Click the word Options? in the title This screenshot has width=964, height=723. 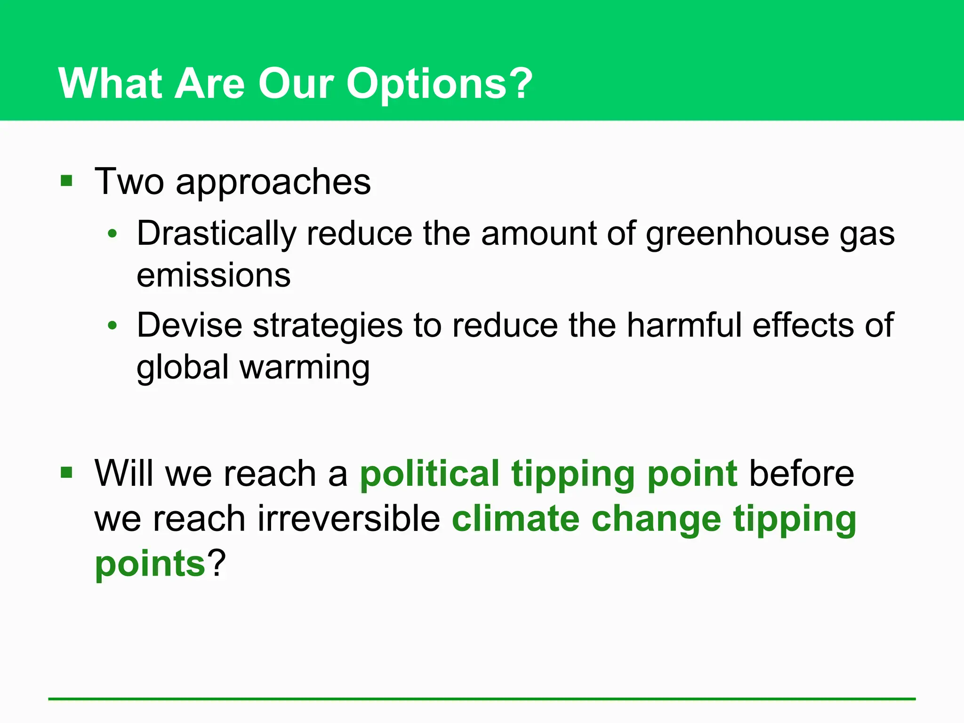pos(439,84)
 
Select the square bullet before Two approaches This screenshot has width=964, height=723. pos(66,181)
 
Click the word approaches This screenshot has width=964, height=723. pos(273,183)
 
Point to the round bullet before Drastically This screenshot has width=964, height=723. pos(112,233)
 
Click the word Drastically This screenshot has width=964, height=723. pos(217,233)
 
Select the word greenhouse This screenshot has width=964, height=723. pos(737,234)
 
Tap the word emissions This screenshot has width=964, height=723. pos(213,275)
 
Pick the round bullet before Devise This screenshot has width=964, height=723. pos(112,325)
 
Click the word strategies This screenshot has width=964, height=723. pos(328,326)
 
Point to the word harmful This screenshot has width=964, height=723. pos(683,325)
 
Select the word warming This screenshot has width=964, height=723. pos(305,368)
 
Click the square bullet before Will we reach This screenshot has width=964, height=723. pos(66,472)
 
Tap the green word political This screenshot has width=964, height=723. pos(429,474)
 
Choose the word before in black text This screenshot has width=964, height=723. pos(801,474)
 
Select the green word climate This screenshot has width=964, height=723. pos(515,519)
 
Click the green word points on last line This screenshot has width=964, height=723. pos(150,564)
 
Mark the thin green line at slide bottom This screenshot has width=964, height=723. pos(482,699)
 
